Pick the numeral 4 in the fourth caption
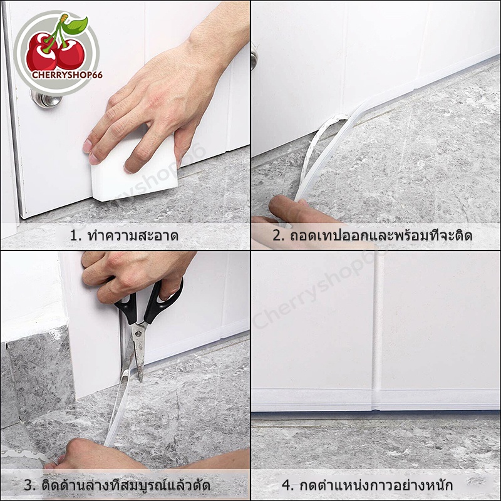(x=286, y=485)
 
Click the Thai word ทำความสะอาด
(x=132, y=236)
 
